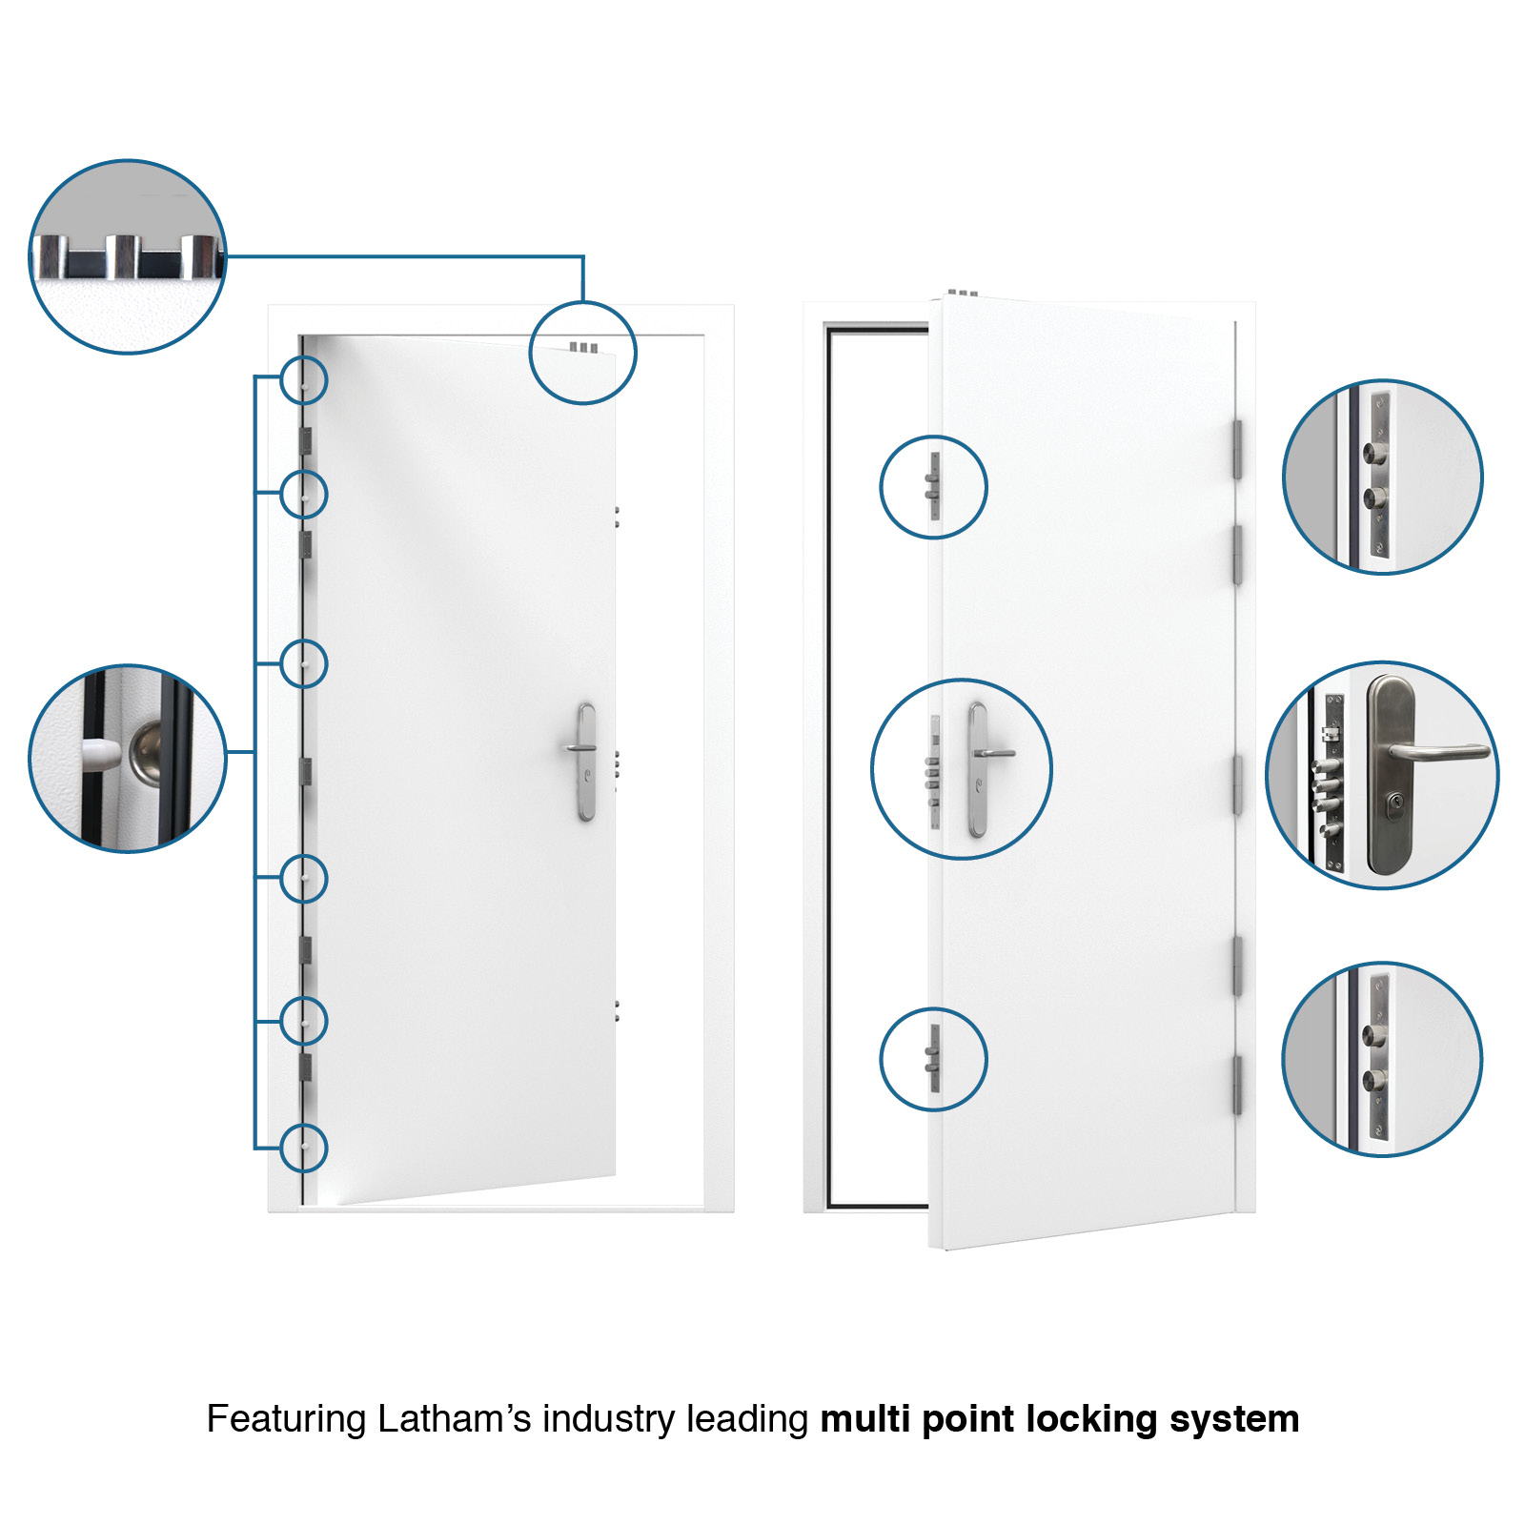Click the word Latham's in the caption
point(454,1419)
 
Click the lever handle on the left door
point(582,747)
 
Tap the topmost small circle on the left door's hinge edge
point(304,380)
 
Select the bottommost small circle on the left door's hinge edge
point(304,1148)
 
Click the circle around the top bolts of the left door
point(582,353)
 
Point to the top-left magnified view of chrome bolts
point(128,257)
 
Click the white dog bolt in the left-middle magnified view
point(101,755)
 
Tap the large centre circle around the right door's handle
point(962,769)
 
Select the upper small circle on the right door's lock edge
point(933,487)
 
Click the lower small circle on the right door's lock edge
point(933,1059)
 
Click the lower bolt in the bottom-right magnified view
point(1373,1080)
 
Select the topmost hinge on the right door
point(1237,449)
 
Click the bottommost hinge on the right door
point(1237,1085)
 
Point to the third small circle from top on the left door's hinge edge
point(304,663)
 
